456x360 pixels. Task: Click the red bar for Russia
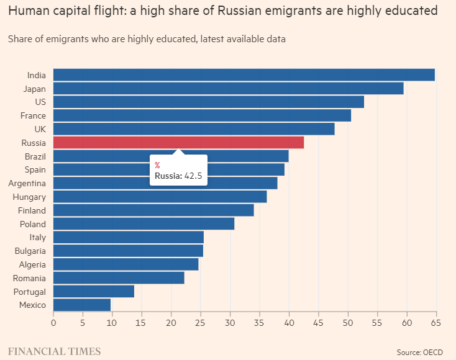[x=178, y=142]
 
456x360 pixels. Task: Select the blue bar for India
[x=244, y=75]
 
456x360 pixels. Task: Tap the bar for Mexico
[x=82, y=305]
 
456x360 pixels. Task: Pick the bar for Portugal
[x=94, y=291]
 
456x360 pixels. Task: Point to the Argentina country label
[x=27, y=183]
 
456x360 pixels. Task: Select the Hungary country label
[x=29, y=197]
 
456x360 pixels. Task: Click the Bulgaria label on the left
[x=30, y=251]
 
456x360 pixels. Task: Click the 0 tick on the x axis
[x=53, y=323]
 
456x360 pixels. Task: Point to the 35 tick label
[x=260, y=323]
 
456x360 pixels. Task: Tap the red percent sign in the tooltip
[x=158, y=165]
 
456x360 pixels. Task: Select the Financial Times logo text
[x=54, y=351]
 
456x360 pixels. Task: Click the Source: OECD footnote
[x=419, y=353]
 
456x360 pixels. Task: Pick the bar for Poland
[x=144, y=223]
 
